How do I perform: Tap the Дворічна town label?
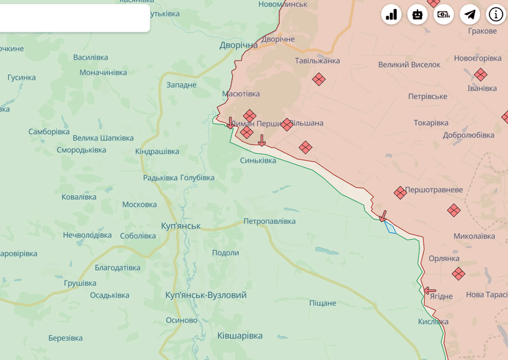pos(238,45)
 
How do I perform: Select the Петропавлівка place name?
pos(269,221)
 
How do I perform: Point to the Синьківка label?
pos(258,160)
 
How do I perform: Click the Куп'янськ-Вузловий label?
pos(206,295)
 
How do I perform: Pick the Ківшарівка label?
pos(240,335)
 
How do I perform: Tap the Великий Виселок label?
pos(409,65)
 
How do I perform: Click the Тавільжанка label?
pos(317,60)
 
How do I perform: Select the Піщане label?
pos(323,303)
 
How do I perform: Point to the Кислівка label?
pos(433,322)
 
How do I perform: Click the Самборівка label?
pos(49,131)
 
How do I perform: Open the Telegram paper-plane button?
pos(470,14)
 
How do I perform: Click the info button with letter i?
pos(496,14)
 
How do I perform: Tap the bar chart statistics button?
pos(391,14)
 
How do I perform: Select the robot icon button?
pos(417,14)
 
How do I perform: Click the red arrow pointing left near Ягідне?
pos(430,291)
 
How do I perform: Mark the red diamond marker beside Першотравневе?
pos(400,193)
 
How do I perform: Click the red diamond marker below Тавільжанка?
pos(319,79)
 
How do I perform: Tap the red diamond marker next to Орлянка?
pos(459,273)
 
